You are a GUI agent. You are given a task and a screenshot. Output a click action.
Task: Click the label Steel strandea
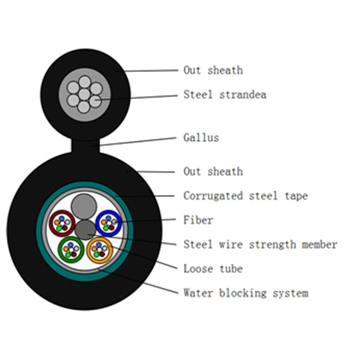tap(225, 94)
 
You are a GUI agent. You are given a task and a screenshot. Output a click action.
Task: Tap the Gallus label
tap(201, 137)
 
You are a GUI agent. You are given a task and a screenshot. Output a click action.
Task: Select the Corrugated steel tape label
tap(245, 196)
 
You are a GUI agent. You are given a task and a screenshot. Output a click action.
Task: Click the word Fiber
tap(198, 220)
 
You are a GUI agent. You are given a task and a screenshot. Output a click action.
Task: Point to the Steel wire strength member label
tap(260, 244)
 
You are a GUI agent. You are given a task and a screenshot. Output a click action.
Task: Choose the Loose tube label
tap(213, 268)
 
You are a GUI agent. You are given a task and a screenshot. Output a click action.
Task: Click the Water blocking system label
tap(246, 293)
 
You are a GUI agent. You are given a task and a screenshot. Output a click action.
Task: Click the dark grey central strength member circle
tap(85, 229)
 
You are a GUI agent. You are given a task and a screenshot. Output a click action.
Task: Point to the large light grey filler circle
tap(84, 206)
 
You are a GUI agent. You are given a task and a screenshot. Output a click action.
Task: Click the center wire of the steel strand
tap(84, 94)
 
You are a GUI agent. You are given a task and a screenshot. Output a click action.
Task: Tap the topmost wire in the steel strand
tap(85, 82)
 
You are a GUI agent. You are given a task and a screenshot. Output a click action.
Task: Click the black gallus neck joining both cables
tap(85, 146)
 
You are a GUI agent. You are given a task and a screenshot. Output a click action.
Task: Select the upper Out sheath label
tap(213, 70)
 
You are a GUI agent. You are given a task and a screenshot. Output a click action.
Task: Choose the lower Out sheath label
tap(213, 172)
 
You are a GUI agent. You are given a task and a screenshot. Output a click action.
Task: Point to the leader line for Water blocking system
tap(138, 281)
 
